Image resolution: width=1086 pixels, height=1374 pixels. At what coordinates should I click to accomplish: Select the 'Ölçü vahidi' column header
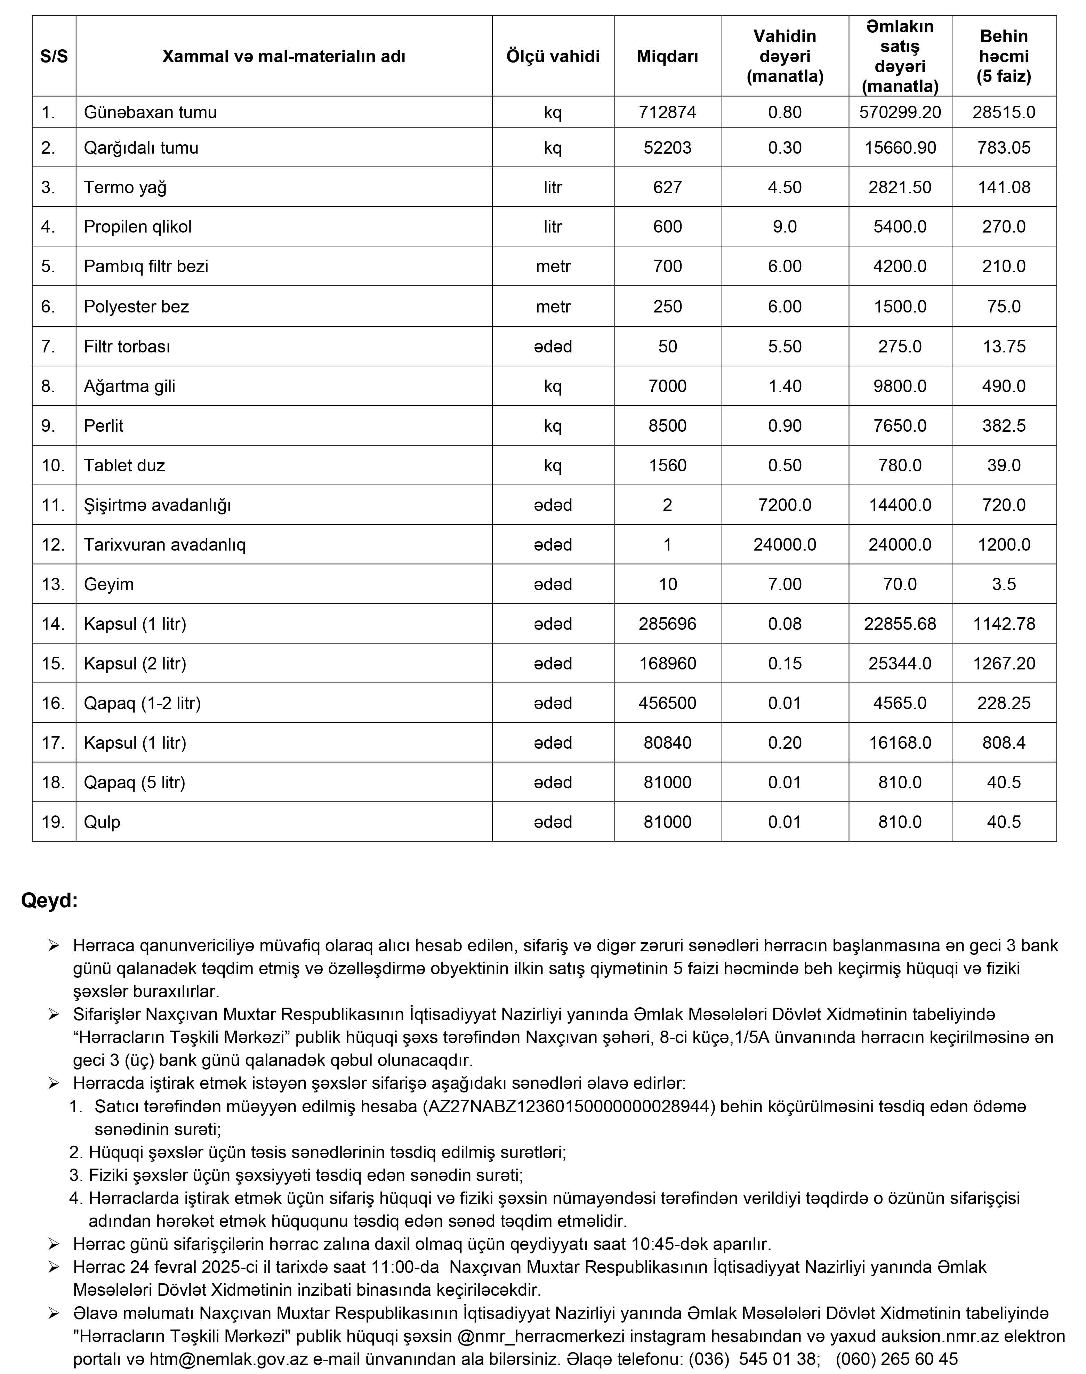pos(553,57)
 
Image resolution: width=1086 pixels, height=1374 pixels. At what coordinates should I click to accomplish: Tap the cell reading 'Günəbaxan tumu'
pos(150,113)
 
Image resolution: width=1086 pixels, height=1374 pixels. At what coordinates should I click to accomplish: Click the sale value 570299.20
pos(900,113)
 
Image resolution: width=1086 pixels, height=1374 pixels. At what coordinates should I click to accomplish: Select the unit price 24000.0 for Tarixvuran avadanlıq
pos(785,545)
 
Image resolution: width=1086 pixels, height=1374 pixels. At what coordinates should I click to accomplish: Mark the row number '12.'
pos(54,545)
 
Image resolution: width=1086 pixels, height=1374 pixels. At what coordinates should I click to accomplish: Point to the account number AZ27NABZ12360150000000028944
pos(569,1106)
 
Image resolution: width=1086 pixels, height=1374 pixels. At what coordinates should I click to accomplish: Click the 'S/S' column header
pos(54,57)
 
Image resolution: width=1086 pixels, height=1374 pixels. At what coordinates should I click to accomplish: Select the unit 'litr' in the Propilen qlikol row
pos(553,227)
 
